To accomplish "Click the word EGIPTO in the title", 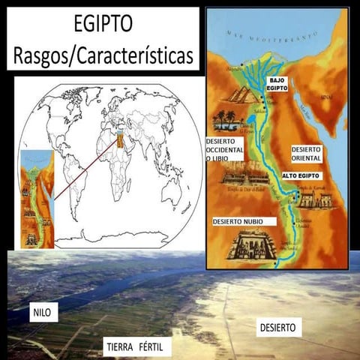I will (x=103, y=24).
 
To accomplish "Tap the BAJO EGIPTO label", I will (x=278, y=83).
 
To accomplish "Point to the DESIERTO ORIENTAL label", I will (x=307, y=154).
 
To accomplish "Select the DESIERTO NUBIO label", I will (x=244, y=222).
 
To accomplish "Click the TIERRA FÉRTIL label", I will (x=138, y=347).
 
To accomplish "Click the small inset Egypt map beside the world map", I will (x=37, y=199).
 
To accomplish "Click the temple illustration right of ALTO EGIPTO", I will (x=327, y=199).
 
